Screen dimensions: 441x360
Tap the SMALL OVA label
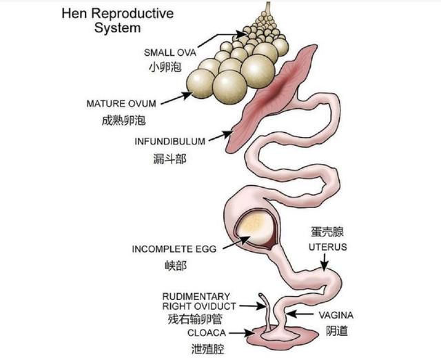point(170,52)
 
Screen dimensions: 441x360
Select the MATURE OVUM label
point(121,103)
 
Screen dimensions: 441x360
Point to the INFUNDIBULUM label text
point(170,141)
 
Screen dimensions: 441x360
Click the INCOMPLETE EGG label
point(174,249)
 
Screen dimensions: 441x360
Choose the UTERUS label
point(328,247)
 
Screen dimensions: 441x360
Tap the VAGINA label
point(336,315)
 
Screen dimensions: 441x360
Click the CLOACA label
point(207,333)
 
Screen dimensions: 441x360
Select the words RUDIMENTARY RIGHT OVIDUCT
point(199,301)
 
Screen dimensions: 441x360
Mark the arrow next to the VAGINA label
point(300,314)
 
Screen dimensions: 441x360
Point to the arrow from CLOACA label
point(242,333)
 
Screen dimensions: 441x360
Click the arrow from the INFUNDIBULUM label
point(221,136)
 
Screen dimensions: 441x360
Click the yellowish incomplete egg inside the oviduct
point(254,229)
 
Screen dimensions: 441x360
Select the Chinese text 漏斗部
point(170,159)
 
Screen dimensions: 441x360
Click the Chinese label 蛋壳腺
point(327,232)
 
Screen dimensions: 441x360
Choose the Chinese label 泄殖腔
point(207,349)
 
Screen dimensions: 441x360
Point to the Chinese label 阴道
point(337,331)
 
